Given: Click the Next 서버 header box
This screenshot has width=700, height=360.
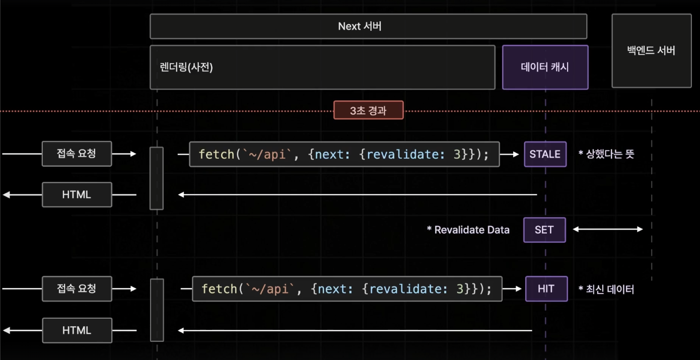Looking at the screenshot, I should click(x=368, y=26).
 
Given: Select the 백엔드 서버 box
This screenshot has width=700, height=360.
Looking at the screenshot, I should click(x=651, y=50).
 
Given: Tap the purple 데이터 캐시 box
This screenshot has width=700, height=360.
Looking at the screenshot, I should click(x=545, y=67).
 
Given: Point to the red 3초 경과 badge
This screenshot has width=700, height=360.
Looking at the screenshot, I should click(x=368, y=110).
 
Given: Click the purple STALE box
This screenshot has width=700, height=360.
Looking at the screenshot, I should click(x=545, y=154).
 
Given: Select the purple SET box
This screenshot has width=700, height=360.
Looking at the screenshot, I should click(x=544, y=230).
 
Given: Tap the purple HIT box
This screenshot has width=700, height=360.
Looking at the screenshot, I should click(x=546, y=289).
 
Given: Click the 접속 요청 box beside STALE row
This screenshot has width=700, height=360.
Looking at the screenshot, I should click(x=77, y=154).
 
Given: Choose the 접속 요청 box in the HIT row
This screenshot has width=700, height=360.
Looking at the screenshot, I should click(x=77, y=289).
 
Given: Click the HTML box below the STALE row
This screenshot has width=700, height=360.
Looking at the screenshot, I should click(x=77, y=194).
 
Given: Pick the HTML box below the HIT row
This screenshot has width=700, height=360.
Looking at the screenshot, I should click(x=77, y=330).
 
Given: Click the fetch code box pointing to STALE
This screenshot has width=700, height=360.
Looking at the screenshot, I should click(x=344, y=154).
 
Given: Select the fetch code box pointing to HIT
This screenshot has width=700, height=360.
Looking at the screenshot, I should click(x=346, y=289).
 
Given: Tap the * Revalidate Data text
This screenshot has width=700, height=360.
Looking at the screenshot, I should click(x=468, y=230).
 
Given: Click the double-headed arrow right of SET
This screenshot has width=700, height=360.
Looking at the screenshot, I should click(x=608, y=230).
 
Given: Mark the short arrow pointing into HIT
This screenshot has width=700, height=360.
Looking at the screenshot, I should click(x=513, y=289).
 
